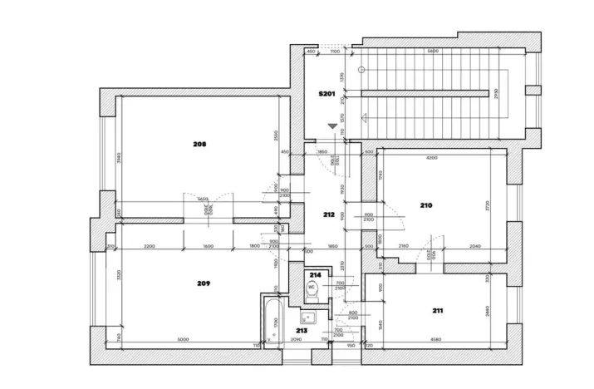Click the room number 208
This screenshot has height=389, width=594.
pyautogui.click(x=199, y=144)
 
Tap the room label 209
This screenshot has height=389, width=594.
pyautogui.click(x=204, y=283)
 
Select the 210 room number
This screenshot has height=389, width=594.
pyautogui.click(x=426, y=204)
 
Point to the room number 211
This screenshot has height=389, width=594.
pyautogui.click(x=437, y=311)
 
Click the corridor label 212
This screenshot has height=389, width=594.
pyautogui.click(x=328, y=214)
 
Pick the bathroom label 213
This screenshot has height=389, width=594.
pyautogui.click(x=301, y=330)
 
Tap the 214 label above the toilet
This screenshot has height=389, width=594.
pyautogui.click(x=315, y=274)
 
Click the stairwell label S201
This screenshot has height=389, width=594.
pyautogui.click(x=326, y=94)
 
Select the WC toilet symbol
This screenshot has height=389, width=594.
pyautogui.click(x=312, y=291)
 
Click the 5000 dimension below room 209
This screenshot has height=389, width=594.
pyautogui.click(x=183, y=338)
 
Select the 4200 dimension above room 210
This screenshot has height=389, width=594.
pyautogui.click(x=431, y=157)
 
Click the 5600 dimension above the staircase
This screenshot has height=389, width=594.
pyautogui.click(x=433, y=52)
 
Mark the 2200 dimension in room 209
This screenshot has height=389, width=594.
pyautogui.click(x=150, y=246)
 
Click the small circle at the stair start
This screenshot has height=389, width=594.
pyautogui.click(x=361, y=70)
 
